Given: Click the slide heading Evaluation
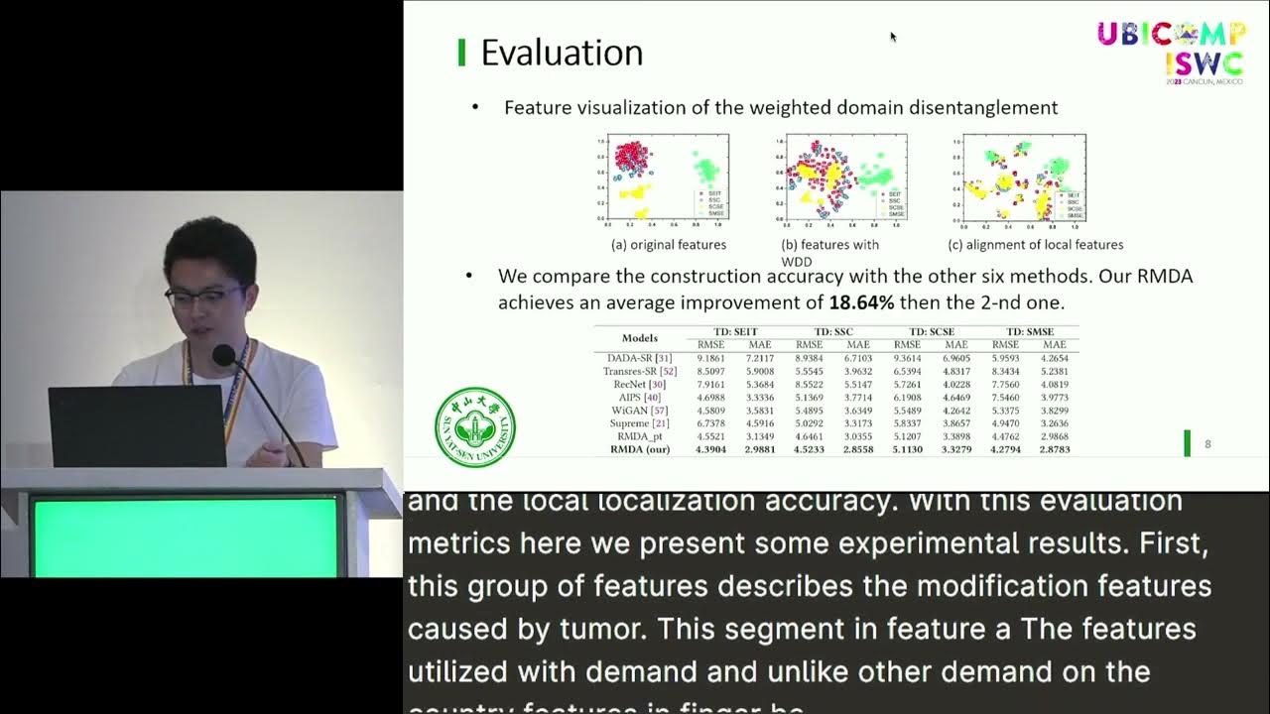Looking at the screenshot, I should [562, 53].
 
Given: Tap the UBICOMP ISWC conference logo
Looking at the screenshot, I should [1171, 50].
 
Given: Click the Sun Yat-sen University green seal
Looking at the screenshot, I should [475, 426].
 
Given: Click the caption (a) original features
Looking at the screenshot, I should [669, 245].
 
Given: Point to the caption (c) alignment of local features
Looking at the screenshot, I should [1036, 245].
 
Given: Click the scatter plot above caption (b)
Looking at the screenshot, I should [838, 178].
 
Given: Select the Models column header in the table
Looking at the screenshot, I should [639, 338].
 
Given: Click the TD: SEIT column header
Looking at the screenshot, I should [734, 331].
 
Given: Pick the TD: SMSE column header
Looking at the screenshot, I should [1029, 331].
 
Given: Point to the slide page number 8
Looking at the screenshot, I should [1207, 444].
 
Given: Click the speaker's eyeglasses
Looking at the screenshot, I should [205, 295].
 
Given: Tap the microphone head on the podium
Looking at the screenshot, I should [223, 354].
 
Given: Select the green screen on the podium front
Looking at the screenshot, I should [185, 536].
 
